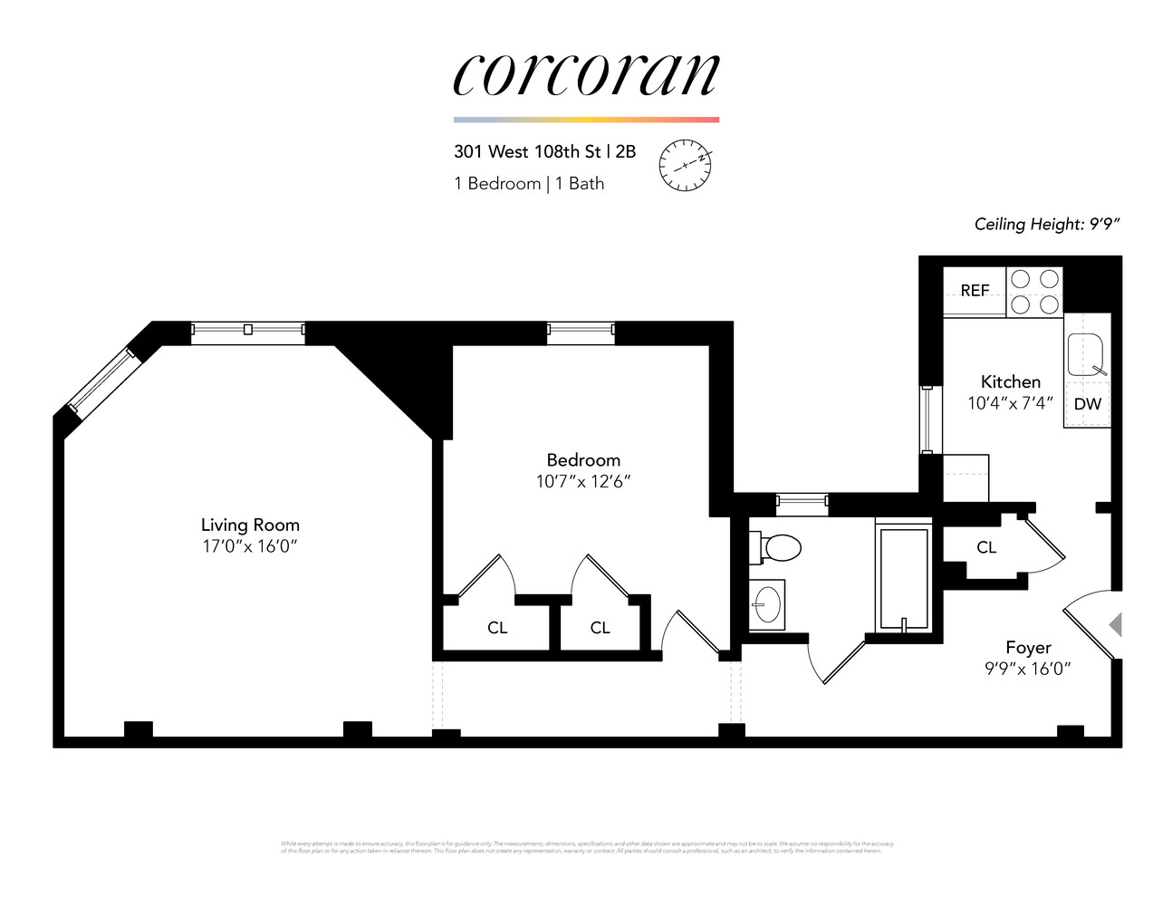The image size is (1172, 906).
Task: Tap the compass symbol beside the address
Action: [685, 165]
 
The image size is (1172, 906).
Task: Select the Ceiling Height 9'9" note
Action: [1047, 224]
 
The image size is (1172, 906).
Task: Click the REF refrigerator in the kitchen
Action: [975, 290]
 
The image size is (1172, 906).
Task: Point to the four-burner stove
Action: [1035, 291]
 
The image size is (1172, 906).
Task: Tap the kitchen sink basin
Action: [1085, 355]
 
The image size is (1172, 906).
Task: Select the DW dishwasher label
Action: [1087, 404]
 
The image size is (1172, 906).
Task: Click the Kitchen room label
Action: [1011, 381]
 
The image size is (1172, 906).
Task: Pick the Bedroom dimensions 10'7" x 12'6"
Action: [583, 481]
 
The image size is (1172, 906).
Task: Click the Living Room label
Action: [250, 525]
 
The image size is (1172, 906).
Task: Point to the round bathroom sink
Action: [768, 603]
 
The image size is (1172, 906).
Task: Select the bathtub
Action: [903, 577]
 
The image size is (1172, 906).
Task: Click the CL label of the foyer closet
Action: [986, 547]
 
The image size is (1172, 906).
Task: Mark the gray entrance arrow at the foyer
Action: [1116, 624]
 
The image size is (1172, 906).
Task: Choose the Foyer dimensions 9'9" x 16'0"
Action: [1028, 669]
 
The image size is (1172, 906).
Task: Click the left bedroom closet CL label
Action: [497, 627]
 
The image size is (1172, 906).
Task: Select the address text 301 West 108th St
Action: [527, 151]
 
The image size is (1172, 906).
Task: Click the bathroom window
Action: [802, 500]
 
